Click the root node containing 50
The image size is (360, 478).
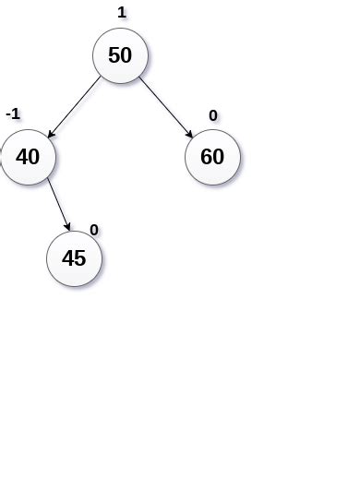(120, 55)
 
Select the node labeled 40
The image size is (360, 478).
(29, 157)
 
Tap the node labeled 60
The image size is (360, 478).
(212, 157)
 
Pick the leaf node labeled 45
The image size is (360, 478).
(74, 258)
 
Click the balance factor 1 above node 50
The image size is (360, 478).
(122, 13)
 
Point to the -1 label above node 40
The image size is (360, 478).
(13, 114)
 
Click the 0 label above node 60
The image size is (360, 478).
(213, 115)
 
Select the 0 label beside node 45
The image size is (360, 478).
(93, 230)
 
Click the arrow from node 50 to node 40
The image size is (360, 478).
(75, 106)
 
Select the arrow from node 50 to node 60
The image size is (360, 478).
(166, 107)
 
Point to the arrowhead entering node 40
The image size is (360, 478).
(50, 135)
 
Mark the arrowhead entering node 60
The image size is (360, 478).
(190, 136)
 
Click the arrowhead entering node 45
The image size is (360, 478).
(68, 228)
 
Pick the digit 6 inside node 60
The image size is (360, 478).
(206, 157)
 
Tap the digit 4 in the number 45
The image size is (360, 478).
(67, 258)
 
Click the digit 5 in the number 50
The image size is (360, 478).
(114, 55)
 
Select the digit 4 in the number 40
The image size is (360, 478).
(21, 157)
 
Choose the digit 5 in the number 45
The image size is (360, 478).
(80, 258)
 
